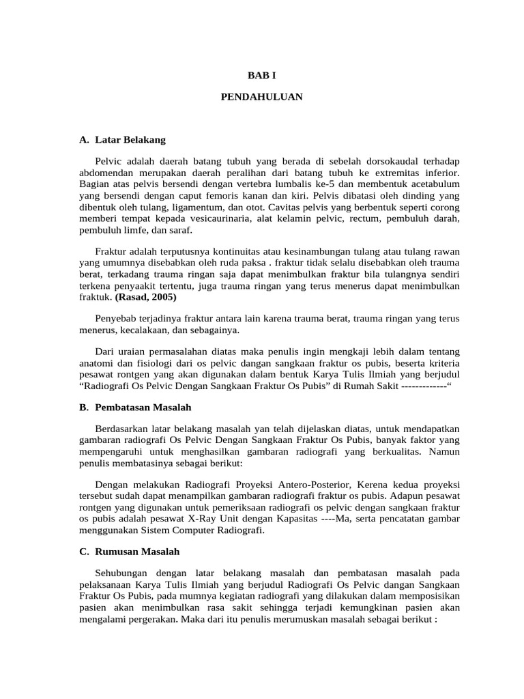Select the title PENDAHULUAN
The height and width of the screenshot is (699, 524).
tap(262, 98)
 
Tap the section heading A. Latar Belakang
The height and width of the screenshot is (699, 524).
tap(122, 140)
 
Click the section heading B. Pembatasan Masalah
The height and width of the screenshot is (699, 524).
tap(135, 408)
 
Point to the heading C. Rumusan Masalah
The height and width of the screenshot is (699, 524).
tap(129, 552)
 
